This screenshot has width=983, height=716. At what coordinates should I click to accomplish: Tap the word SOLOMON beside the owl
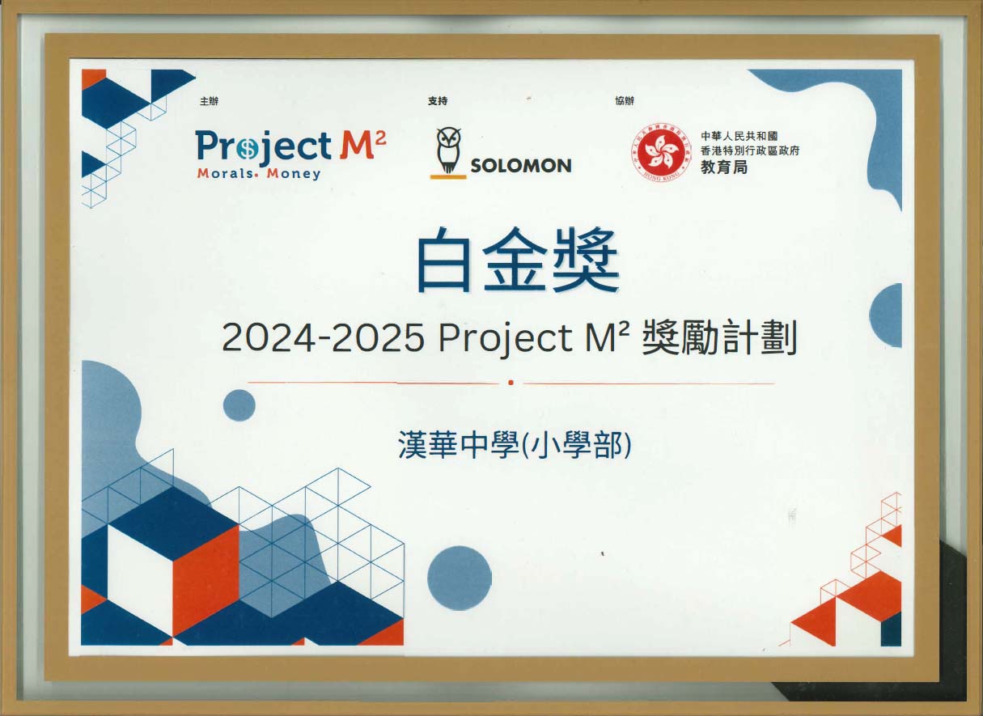point(521,166)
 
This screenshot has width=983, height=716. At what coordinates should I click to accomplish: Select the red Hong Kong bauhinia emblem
point(663,151)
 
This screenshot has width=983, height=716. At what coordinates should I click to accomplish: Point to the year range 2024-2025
point(323,338)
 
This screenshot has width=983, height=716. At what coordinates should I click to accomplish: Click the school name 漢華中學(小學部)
point(514,446)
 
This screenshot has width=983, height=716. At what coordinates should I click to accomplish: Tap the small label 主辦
point(209,101)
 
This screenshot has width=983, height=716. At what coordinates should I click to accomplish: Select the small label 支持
point(437,101)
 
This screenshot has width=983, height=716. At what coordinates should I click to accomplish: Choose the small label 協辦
point(625,101)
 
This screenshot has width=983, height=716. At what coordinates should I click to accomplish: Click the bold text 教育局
point(724,167)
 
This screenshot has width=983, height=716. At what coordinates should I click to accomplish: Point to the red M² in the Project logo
point(362,146)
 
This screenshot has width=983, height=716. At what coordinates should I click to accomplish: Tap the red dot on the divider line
point(511,383)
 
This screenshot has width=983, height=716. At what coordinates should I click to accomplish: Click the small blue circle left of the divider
point(239,405)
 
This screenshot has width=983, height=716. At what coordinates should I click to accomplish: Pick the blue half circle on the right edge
point(888,316)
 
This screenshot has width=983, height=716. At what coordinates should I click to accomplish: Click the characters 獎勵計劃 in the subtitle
point(718,338)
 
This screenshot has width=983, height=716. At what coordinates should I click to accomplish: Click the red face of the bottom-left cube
point(205,578)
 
